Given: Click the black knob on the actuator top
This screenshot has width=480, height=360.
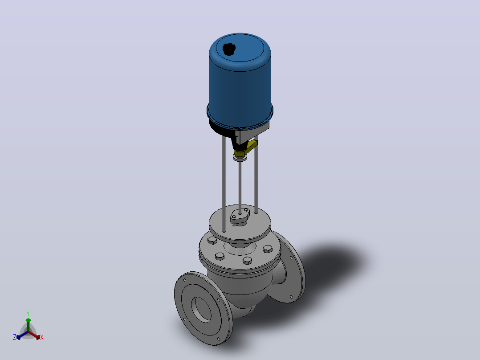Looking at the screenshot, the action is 229,49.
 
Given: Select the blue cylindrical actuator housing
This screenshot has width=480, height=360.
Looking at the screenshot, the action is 240,81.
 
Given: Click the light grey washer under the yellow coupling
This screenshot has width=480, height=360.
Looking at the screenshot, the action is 240,158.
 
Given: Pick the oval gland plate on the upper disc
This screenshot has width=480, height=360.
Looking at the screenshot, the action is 240,216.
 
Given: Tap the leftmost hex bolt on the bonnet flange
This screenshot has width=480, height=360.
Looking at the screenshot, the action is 212,241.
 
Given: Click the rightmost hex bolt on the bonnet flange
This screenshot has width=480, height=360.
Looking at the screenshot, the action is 268,249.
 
